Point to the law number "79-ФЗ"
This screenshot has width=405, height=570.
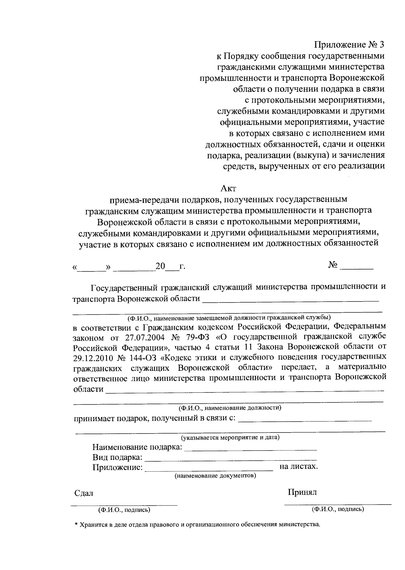pyautogui.click(x=197, y=337)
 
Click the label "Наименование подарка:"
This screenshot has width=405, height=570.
pyautogui.click(x=137, y=448)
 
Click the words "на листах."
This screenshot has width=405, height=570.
pyautogui.click(x=299, y=467)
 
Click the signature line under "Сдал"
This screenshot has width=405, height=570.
pyautogui.click(x=124, y=505)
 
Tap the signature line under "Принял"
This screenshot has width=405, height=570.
pyautogui.click(x=337, y=504)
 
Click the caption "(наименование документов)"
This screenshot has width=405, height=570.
pyautogui.click(x=215, y=476)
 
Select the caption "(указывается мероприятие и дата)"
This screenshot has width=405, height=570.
pyautogui.click(x=231, y=438)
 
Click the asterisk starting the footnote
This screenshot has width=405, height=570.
pyautogui.click(x=76, y=525)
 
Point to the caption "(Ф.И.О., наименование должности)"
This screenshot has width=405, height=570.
pyautogui.click(x=230, y=408)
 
